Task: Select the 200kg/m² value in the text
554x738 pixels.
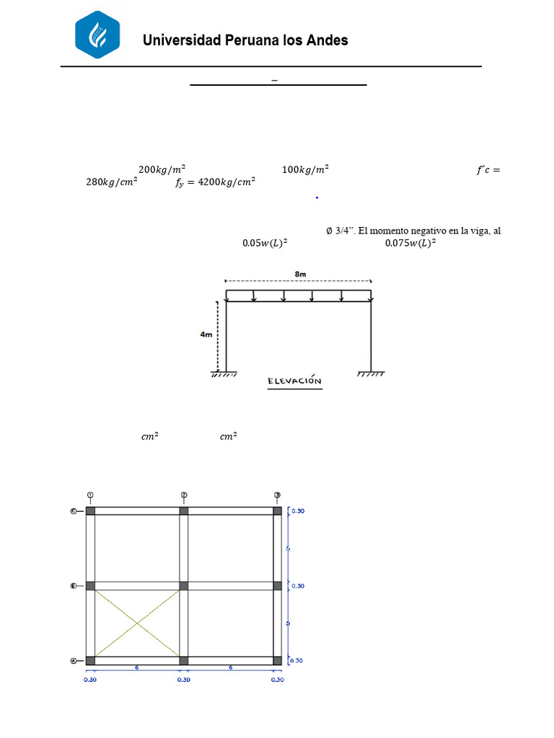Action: (162, 169)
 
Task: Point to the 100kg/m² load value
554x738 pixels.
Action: (304, 169)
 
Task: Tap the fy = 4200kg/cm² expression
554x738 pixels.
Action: (215, 183)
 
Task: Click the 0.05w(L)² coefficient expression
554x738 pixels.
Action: (264, 243)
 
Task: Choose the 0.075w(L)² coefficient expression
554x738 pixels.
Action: (410, 243)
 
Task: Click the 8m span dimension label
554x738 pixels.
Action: (299, 275)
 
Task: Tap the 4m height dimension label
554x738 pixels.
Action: (206, 334)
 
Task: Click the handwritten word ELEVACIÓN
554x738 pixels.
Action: (294, 381)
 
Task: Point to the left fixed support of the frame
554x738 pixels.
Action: (226, 373)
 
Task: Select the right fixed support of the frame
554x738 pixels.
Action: (371, 373)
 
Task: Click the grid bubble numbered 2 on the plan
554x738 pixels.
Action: (184, 494)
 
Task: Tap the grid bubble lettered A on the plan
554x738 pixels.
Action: (74, 660)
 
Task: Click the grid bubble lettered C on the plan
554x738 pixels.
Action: (74, 511)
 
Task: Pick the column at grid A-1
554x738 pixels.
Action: (90, 660)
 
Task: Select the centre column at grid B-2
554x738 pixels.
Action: (184, 586)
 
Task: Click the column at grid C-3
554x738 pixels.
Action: (278, 511)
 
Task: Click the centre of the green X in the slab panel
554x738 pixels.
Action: (137, 623)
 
